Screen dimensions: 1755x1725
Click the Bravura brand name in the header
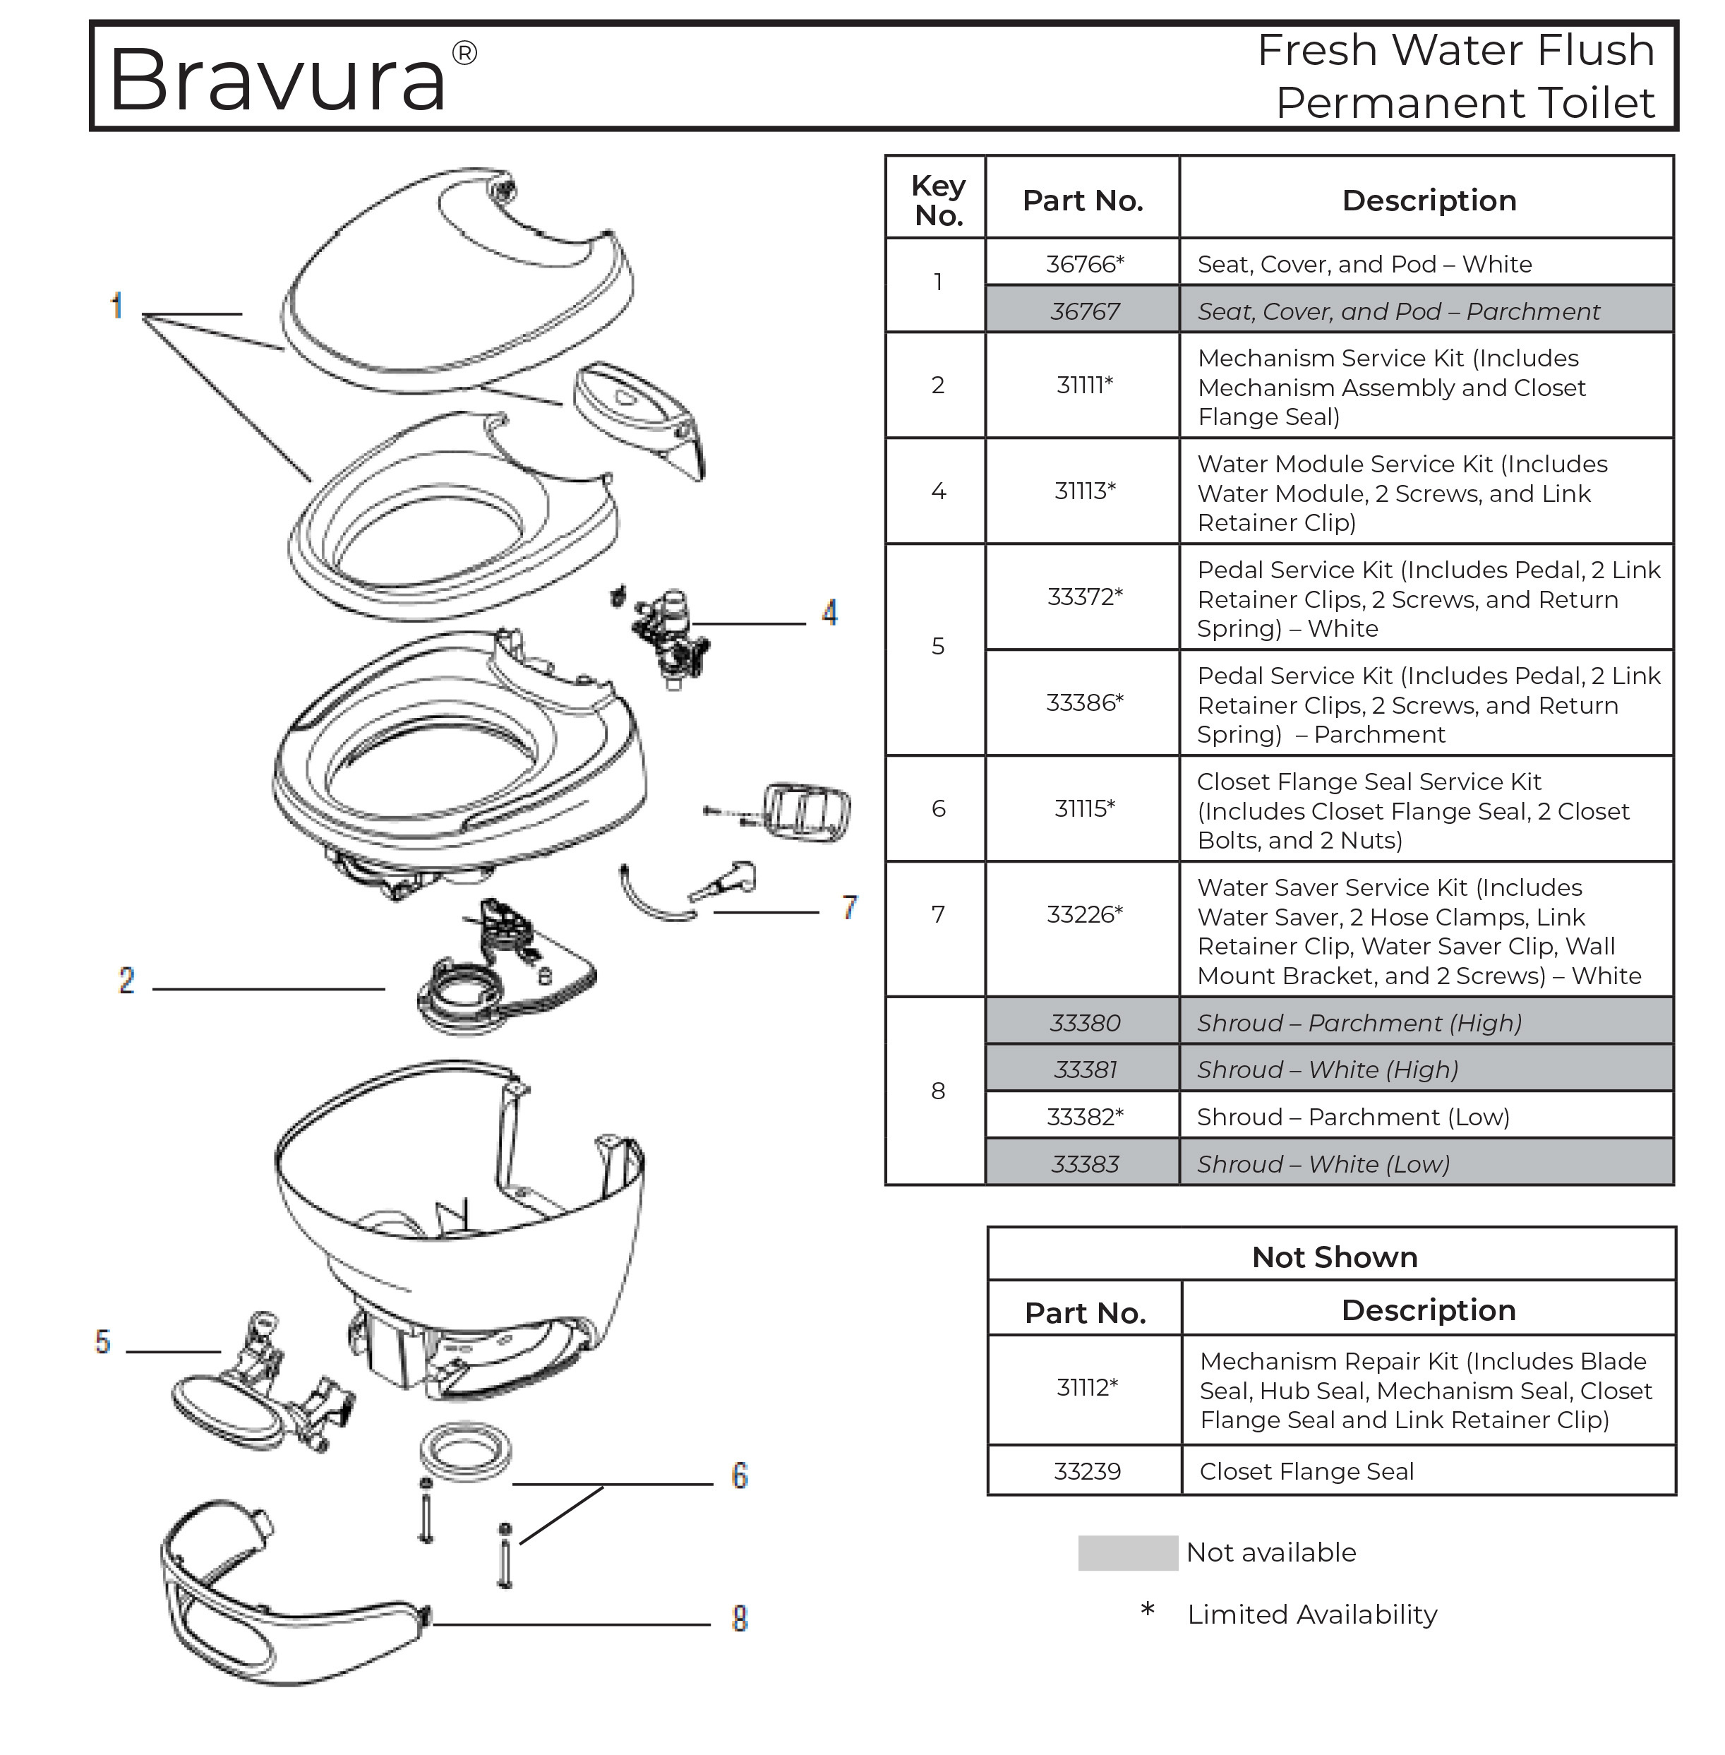click(x=277, y=80)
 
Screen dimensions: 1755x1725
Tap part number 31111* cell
click(x=1084, y=385)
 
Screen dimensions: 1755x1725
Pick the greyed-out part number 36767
click(x=1084, y=311)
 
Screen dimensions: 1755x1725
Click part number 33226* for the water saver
click(x=1084, y=914)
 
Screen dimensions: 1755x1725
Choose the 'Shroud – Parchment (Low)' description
click(x=1352, y=1116)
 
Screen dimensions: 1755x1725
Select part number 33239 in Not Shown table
click(x=1086, y=1471)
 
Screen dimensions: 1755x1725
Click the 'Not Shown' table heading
click(x=1333, y=1257)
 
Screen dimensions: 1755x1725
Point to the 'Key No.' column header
click(x=938, y=200)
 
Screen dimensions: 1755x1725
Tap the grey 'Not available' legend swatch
click(x=1127, y=1553)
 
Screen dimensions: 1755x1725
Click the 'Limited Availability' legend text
click(x=1312, y=1615)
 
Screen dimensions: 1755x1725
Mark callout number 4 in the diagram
click(x=829, y=613)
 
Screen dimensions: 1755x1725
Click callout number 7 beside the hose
click(x=849, y=907)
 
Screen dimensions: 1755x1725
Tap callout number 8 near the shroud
click(x=739, y=1618)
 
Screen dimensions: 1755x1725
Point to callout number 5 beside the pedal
click(x=102, y=1342)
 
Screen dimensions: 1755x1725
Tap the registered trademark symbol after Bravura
click(x=464, y=54)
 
